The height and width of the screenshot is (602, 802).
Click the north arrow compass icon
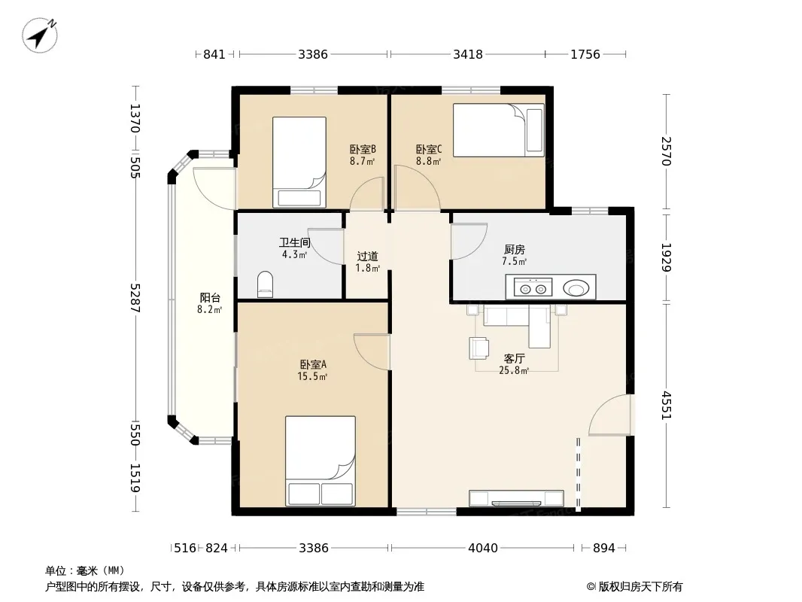(39, 35)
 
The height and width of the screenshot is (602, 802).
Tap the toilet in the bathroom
(265, 284)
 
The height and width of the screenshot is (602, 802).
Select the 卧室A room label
(312, 365)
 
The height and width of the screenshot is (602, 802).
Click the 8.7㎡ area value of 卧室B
(362, 161)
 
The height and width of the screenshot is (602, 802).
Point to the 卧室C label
(428, 149)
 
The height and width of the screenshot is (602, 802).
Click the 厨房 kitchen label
(514, 250)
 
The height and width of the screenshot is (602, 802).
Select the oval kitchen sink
(576, 288)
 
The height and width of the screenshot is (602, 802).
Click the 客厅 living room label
(514, 358)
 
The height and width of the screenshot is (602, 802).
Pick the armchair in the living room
(478, 348)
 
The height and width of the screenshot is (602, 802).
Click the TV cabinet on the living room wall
(517, 498)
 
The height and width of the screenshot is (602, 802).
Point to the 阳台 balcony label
(210, 298)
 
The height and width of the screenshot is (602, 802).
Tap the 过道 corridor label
(367, 257)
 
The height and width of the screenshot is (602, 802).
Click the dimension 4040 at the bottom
(483, 548)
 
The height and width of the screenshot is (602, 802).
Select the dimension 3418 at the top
(467, 54)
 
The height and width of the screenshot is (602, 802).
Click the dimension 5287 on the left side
(135, 298)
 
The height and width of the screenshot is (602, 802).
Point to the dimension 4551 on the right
(666, 405)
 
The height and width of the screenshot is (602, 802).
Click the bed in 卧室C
(499, 130)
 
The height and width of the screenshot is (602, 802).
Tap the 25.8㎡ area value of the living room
(514, 370)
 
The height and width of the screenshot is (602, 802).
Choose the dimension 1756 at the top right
(585, 54)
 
